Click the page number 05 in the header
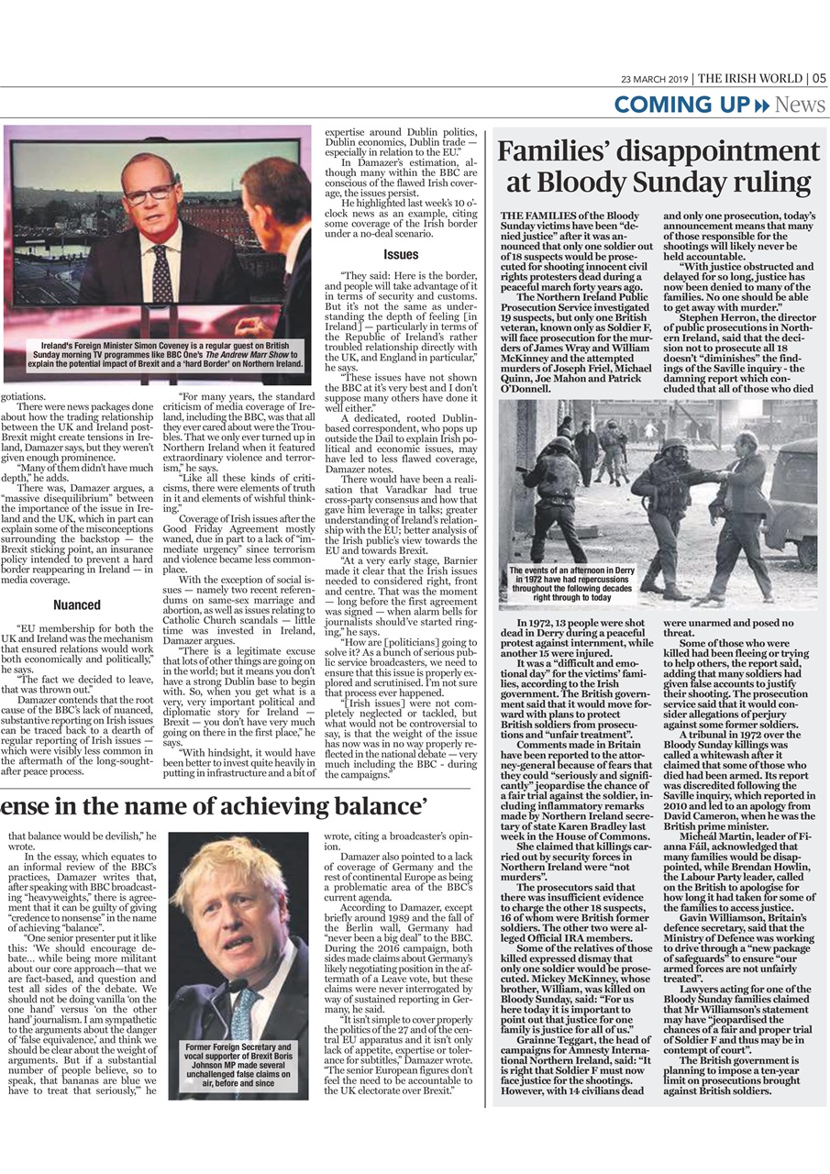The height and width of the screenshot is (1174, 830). [818, 78]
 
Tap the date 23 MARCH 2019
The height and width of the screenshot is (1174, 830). [655, 79]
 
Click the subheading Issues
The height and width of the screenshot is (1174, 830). [402, 254]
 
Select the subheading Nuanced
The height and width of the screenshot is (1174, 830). [76, 605]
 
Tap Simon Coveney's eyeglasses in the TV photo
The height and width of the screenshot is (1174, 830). [149, 192]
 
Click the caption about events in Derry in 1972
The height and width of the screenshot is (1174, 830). [571, 583]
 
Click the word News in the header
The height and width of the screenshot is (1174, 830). [800, 105]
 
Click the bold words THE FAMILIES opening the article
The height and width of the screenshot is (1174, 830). [540, 215]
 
